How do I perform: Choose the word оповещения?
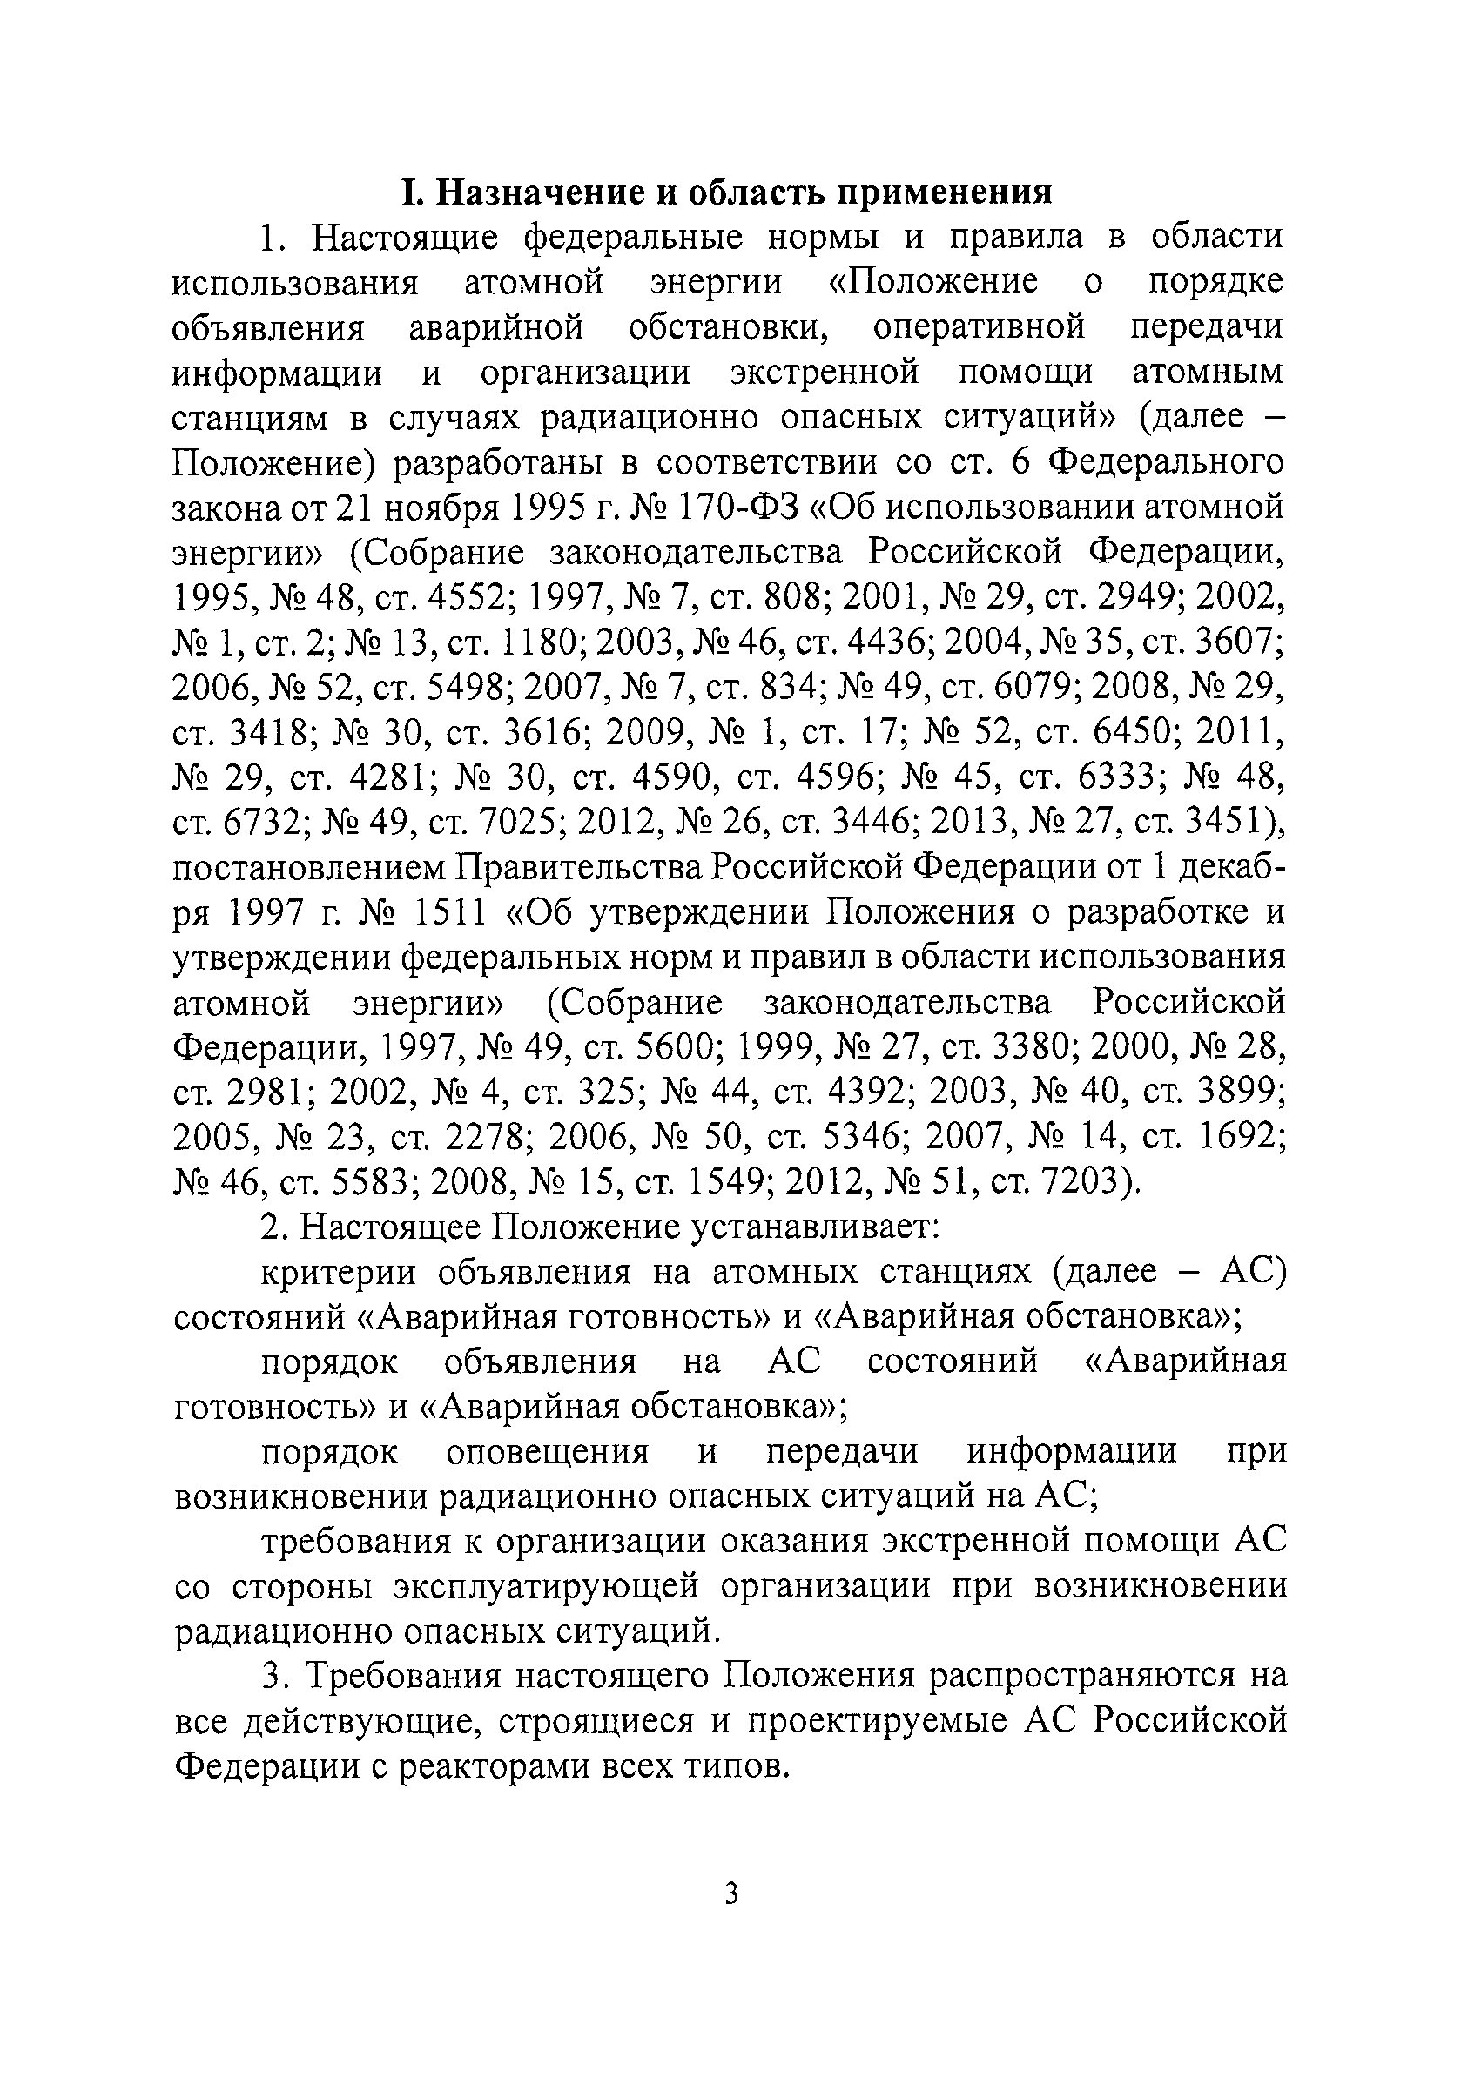tap(548, 1453)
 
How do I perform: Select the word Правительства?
tap(577, 868)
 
